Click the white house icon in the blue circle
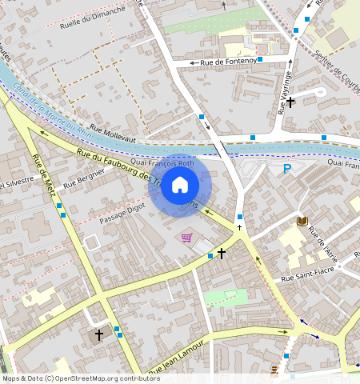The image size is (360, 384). tap(180, 186)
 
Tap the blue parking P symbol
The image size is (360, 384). tap(286, 169)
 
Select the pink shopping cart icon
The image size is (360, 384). tap(186, 238)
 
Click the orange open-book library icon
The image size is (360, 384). tap(302, 221)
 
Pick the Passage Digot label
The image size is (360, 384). tap(122, 212)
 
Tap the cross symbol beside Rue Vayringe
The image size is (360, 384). tap(291, 102)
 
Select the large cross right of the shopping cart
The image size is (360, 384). tap(222, 253)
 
